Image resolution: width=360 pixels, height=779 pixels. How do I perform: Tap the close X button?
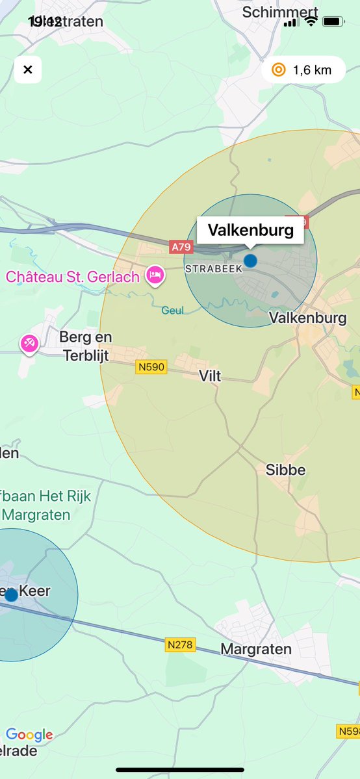[27, 70]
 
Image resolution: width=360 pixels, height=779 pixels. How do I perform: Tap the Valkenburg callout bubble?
[250, 230]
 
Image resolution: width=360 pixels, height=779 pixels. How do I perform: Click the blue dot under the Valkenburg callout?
[250, 261]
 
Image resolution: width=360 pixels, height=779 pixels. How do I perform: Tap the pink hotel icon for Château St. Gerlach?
[155, 275]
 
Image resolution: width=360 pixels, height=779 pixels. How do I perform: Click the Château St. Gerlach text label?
[73, 277]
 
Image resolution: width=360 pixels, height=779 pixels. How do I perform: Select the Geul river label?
[172, 311]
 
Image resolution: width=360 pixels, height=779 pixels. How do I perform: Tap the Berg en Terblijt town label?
[85, 346]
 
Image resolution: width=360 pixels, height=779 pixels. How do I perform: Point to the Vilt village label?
[210, 376]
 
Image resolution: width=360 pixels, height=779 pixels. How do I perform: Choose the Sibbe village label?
[285, 470]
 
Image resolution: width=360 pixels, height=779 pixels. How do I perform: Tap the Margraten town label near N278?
[256, 648]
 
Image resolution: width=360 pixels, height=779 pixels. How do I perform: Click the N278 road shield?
[180, 645]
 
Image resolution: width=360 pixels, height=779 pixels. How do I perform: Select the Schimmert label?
[280, 12]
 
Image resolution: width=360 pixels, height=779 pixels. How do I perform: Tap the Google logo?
[29, 735]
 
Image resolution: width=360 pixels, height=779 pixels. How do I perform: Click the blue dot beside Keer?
[11, 595]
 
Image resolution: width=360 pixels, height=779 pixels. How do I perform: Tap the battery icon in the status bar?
[333, 21]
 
